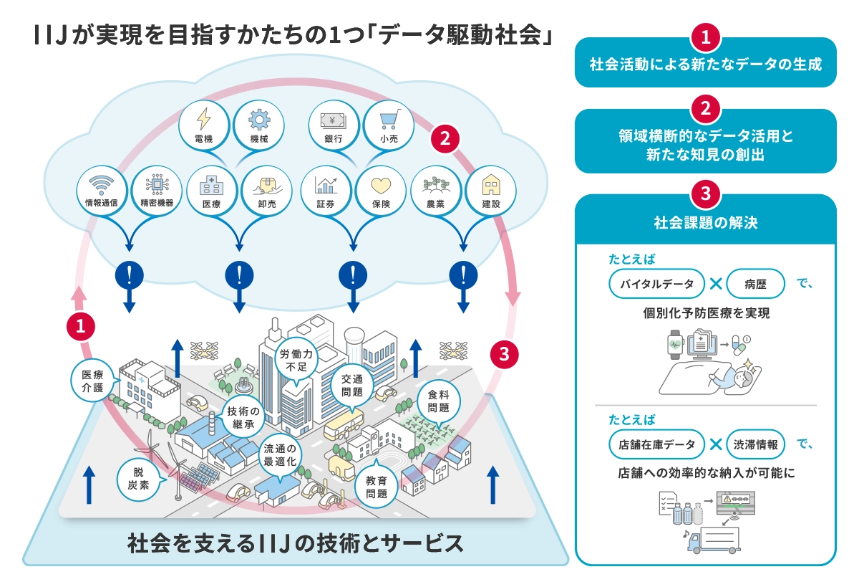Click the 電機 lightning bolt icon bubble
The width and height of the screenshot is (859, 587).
203,125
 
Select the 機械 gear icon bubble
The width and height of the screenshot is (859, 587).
259,125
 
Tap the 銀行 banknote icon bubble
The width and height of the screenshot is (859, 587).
334,125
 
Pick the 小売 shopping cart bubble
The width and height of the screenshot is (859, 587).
389,125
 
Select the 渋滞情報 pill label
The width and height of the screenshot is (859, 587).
755,444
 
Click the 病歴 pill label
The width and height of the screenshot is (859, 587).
755,284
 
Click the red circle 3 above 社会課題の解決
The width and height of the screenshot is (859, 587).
706,194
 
